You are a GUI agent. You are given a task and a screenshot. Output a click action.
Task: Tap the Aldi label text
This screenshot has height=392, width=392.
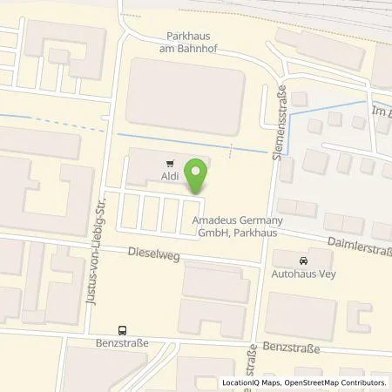pyautogui.click(x=169, y=177)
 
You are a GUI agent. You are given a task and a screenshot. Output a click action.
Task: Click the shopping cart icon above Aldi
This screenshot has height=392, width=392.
pyautogui.click(x=169, y=162)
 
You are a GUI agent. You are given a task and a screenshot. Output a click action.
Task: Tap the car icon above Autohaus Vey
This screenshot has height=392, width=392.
pyautogui.click(x=302, y=260)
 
